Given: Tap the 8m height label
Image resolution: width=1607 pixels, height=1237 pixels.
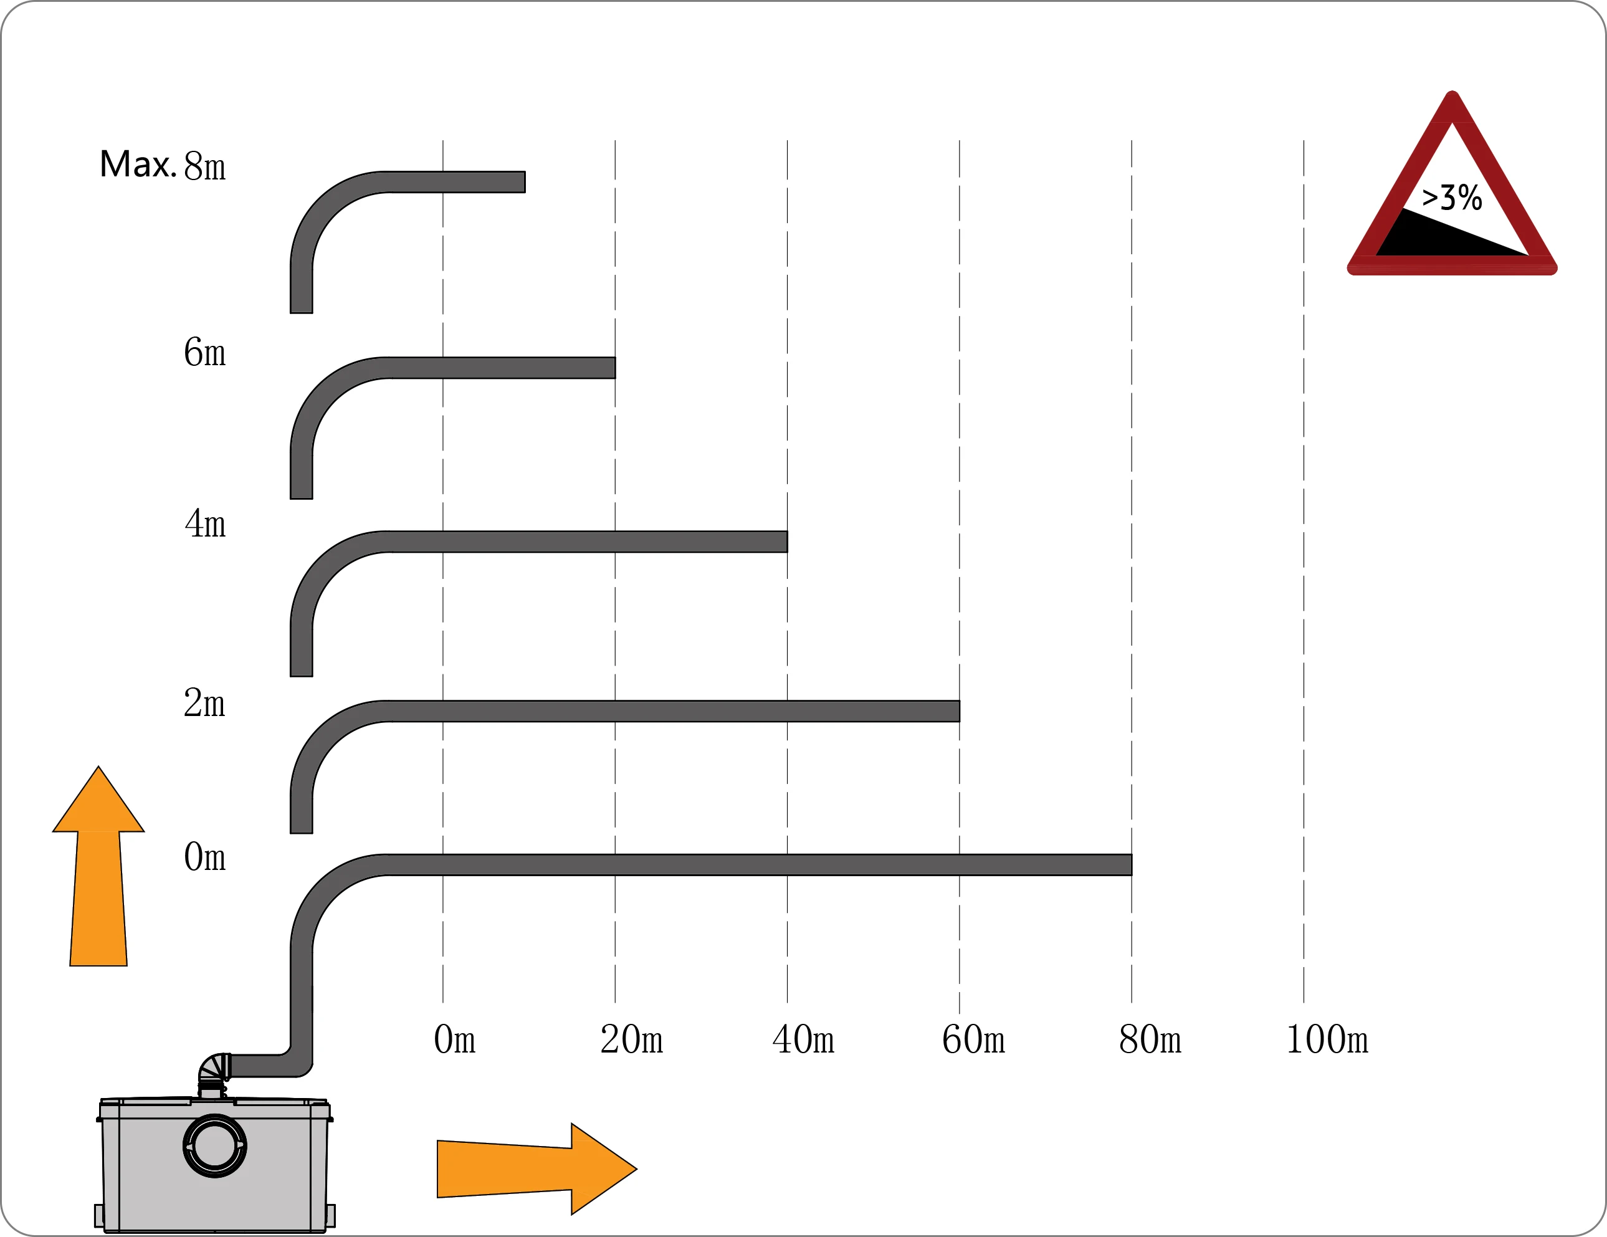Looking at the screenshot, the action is pos(204,166).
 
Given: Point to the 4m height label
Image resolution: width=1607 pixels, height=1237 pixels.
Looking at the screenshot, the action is pos(204,524).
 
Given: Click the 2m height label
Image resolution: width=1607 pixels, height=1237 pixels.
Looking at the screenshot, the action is pos(204,703).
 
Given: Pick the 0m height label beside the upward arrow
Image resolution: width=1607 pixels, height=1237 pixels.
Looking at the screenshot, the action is pos(204,857).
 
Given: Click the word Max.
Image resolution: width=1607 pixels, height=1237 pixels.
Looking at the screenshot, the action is pos(138,164).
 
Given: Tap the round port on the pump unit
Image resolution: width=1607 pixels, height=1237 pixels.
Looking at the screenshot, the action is pos(214,1146).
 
